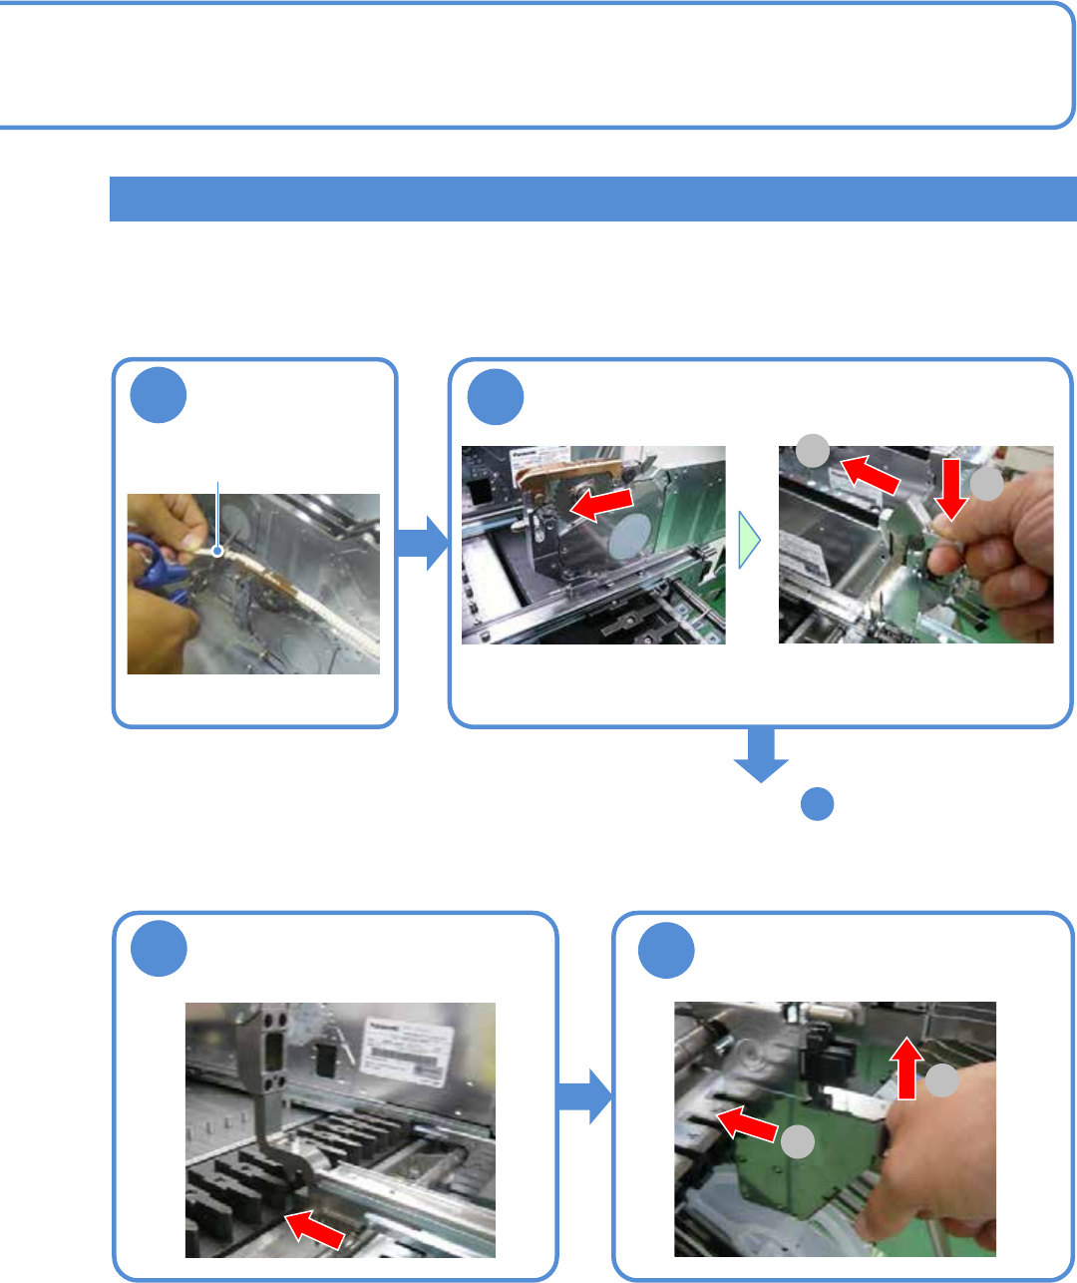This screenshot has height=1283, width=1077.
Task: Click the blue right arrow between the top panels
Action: (423, 544)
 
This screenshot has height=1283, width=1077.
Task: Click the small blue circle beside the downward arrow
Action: (817, 804)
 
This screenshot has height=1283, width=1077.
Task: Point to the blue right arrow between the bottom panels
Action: (584, 1096)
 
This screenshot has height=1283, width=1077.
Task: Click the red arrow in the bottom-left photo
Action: (315, 1228)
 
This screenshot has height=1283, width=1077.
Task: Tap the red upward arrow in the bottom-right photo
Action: (906, 1067)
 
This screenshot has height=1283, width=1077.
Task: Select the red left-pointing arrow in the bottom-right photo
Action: (747, 1123)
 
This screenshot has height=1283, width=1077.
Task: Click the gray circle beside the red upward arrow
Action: (942, 1080)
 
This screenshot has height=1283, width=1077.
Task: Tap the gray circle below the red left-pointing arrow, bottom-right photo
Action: (797, 1142)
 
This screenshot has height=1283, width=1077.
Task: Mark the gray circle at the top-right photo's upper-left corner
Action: (813, 451)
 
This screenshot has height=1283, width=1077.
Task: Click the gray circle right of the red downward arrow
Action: (986, 485)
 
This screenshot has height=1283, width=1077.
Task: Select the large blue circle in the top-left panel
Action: (158, 395)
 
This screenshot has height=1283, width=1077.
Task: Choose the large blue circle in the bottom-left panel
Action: (159, 949)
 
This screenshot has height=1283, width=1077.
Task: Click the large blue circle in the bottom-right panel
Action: (666, 950)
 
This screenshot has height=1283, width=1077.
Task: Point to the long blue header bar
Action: (592, 199)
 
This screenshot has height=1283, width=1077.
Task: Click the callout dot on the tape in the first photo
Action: (217, 549)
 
